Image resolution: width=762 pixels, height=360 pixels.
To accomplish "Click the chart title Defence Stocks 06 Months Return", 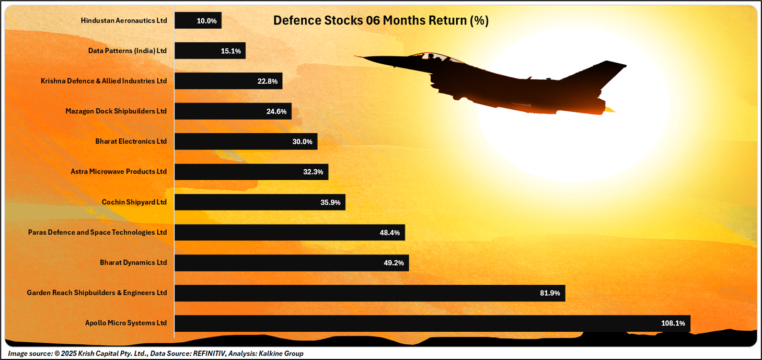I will (380, 21).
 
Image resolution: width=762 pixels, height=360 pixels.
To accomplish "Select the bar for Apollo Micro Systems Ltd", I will (432, 323).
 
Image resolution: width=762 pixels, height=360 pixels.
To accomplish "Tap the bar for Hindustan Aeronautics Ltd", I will (198, 21).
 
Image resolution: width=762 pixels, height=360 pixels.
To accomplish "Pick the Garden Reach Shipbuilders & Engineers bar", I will (370, 293).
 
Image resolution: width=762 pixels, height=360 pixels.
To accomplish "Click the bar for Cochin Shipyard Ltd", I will (260, 202).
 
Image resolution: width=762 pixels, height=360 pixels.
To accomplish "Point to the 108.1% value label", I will (673, 323).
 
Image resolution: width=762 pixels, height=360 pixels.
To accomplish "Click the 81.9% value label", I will (550, 293).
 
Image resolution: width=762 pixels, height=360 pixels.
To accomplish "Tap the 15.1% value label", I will (230, 51).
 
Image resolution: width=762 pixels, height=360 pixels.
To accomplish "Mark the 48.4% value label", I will (389, 233).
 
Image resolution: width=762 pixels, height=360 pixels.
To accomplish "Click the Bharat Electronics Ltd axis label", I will (131, 142).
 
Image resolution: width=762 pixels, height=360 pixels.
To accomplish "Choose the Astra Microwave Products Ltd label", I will (119, 172).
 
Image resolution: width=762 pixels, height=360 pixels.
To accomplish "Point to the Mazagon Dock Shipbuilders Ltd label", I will (116, 111).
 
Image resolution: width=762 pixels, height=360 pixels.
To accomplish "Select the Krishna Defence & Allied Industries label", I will (103, 81).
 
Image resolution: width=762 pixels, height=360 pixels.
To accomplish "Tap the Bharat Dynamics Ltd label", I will (133, 263).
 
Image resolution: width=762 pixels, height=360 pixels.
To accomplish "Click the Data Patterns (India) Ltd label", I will (128, 51).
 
